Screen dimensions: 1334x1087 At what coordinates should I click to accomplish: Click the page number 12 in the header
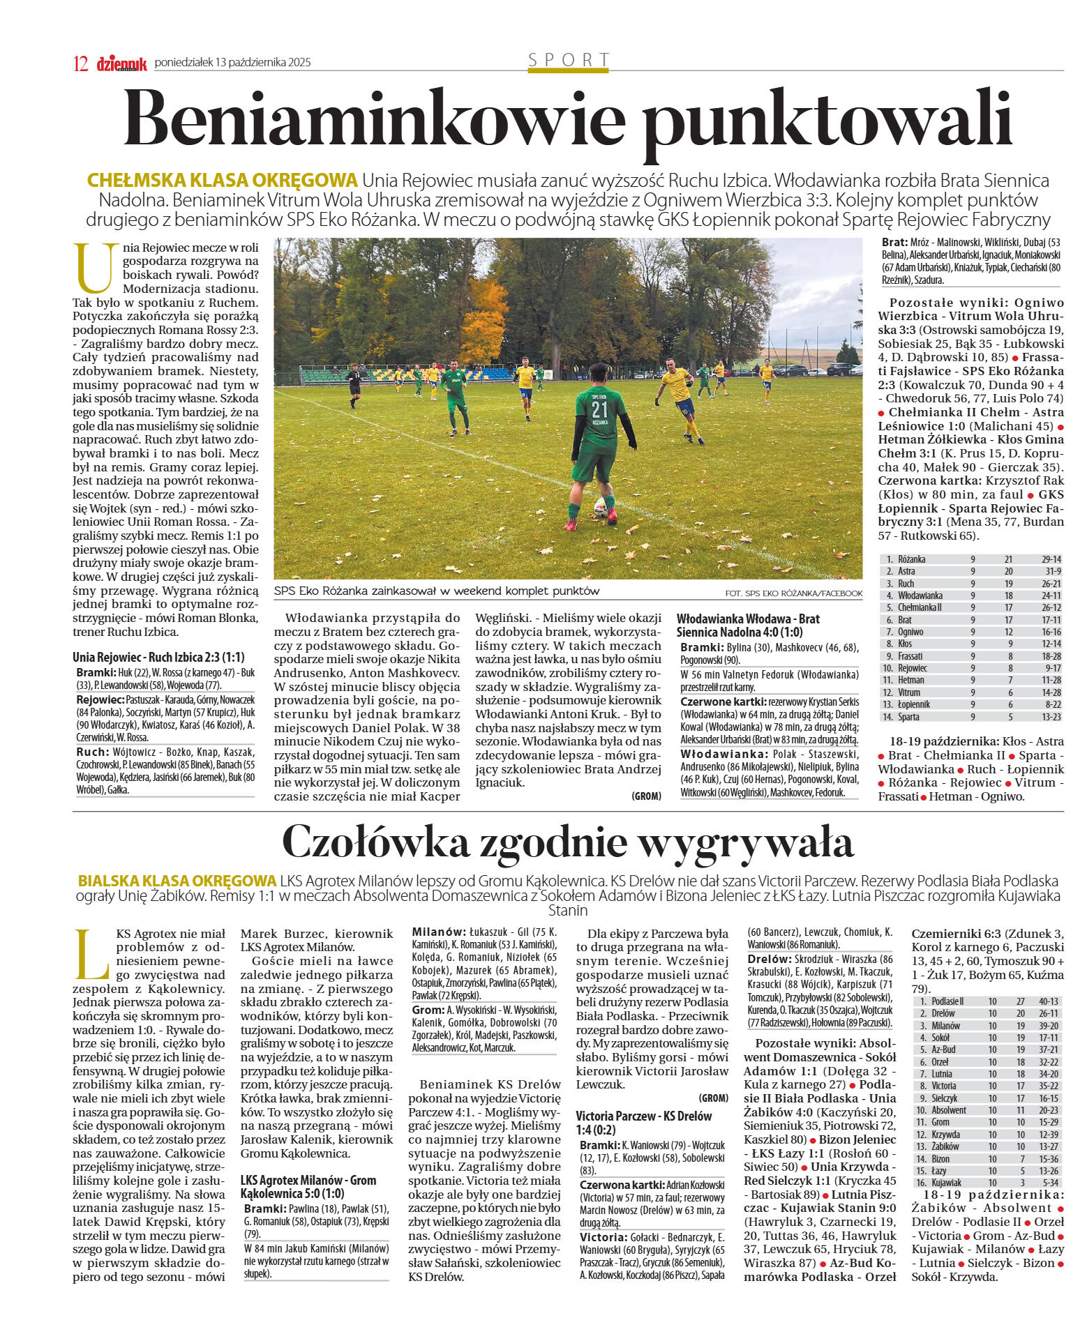point(80,63)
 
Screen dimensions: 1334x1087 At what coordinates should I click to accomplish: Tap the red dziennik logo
point(121,63)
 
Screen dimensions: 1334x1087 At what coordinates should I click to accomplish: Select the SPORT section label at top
point(569,60)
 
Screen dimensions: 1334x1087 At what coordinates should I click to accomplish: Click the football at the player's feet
point(599,506)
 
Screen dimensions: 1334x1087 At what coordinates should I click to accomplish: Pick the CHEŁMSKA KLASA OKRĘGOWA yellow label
point(222,181)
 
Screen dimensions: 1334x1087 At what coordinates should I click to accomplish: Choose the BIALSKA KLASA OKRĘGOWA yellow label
point(177,881)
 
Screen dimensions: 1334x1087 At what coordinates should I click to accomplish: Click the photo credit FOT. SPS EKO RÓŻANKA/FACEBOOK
point(793,593)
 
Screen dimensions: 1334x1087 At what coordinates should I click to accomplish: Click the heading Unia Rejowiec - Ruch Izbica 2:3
point(158,657)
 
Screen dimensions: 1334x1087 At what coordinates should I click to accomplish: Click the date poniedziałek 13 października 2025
point(232,63)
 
